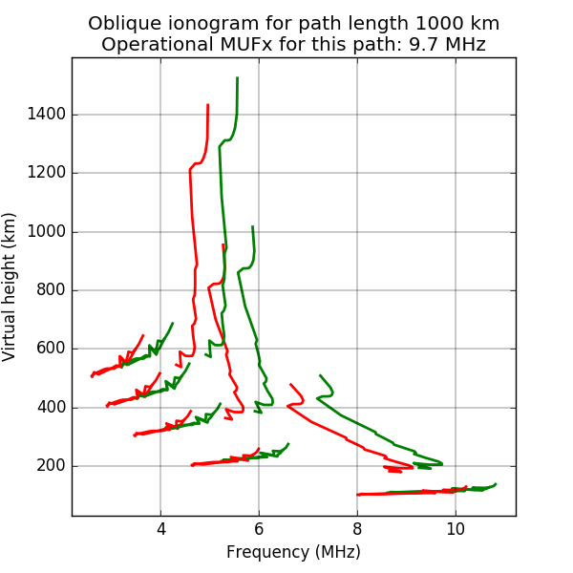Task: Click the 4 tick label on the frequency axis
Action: click(x=160, y=529)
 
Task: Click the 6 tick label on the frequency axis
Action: click(x=259, y=529)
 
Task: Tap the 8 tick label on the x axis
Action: click(x=357, y=529)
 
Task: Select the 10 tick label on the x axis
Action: click(x=456, y=529)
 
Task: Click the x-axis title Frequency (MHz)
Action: click(x=293, y=552)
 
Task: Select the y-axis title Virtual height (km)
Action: click(x=11, y=286)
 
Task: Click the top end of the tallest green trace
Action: click(x=237, y=77)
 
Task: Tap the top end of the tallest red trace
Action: click(x=207, y=105)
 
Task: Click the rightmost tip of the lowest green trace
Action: click(x=496, y=484)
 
